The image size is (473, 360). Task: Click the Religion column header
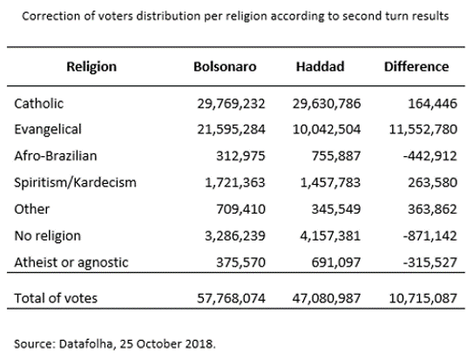[x=91, y=67]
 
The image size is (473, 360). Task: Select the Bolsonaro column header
[x=225, y=67]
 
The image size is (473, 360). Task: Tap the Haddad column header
[x=320, y=67]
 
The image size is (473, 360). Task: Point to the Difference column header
[x=416, y=67]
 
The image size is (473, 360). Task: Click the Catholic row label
[x=39, y=104]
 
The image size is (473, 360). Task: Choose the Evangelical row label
[x=48, y=130]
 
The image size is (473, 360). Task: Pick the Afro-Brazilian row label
[x=56, y=156]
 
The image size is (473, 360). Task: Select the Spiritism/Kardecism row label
[x=75, y=182]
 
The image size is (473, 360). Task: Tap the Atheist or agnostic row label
[x=71, y=262]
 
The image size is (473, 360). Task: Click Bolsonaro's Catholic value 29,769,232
[x=231, y=104]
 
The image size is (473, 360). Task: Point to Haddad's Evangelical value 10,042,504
[x=327, y=130]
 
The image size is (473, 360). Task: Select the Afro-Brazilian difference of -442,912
[x=429, y=156]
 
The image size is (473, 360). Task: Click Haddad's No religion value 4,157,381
[x=330, y=236]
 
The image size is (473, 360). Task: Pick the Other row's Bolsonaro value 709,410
[x=240, y=209]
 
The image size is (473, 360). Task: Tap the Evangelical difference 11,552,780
[x=423, y=130]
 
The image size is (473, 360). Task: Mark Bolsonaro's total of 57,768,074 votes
[x=231, y=298]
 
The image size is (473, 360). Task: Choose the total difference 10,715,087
[x=423, y=298]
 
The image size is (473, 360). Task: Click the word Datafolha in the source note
[x=87, y=344]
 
